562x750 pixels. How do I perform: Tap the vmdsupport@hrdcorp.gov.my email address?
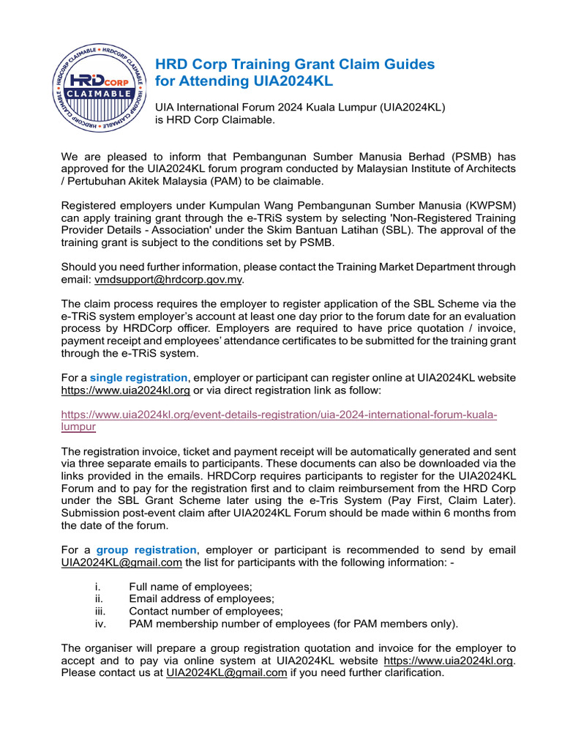(168, 279)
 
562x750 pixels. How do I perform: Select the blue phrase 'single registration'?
(138, 378)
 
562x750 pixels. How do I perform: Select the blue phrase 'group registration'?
(146, 549)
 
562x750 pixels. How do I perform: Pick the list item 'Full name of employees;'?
(190, 586)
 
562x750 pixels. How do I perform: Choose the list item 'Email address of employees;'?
(201, 598)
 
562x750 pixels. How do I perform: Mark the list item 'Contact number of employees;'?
(206, 611)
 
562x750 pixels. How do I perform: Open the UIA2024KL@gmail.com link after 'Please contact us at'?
(226, 672)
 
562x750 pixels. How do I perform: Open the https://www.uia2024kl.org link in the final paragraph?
(449, 660)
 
